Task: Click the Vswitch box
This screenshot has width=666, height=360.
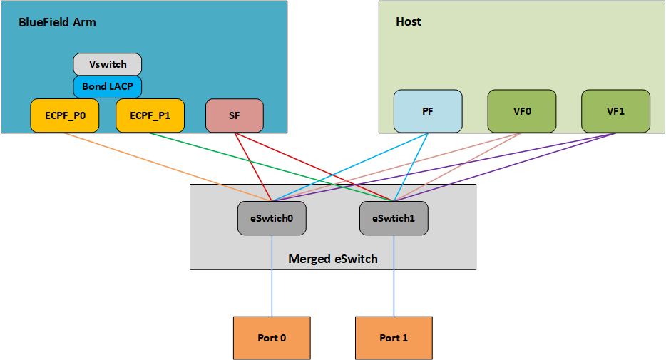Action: pyautogui.click(x=107, y=64)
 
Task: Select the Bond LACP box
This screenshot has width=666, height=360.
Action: pyautogui.click(x=107, y=87)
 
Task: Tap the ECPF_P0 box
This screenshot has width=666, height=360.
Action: pyautogui.click(x=65, y=115)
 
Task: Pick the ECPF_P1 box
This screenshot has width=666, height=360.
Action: pyautogui.click(x=150, y=115)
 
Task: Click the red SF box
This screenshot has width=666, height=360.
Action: pyautogui.click(x=235, y=115)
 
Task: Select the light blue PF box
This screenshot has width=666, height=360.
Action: pyautogui.click(x=428, y=111)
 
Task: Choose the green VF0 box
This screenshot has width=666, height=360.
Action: pyautogui.click(x=522, y=111)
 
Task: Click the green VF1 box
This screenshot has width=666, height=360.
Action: pyautogui.click(x=615, y=111)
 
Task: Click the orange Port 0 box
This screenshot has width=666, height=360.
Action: pyautogui.click(x=272, y=337)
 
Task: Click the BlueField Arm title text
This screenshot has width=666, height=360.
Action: pyautogui.click(x=57, y=22)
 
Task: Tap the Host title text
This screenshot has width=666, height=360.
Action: pyautogui.click(x=409, y=21)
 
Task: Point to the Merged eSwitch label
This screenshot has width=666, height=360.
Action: pyautogui.click(x=332, y=258)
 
